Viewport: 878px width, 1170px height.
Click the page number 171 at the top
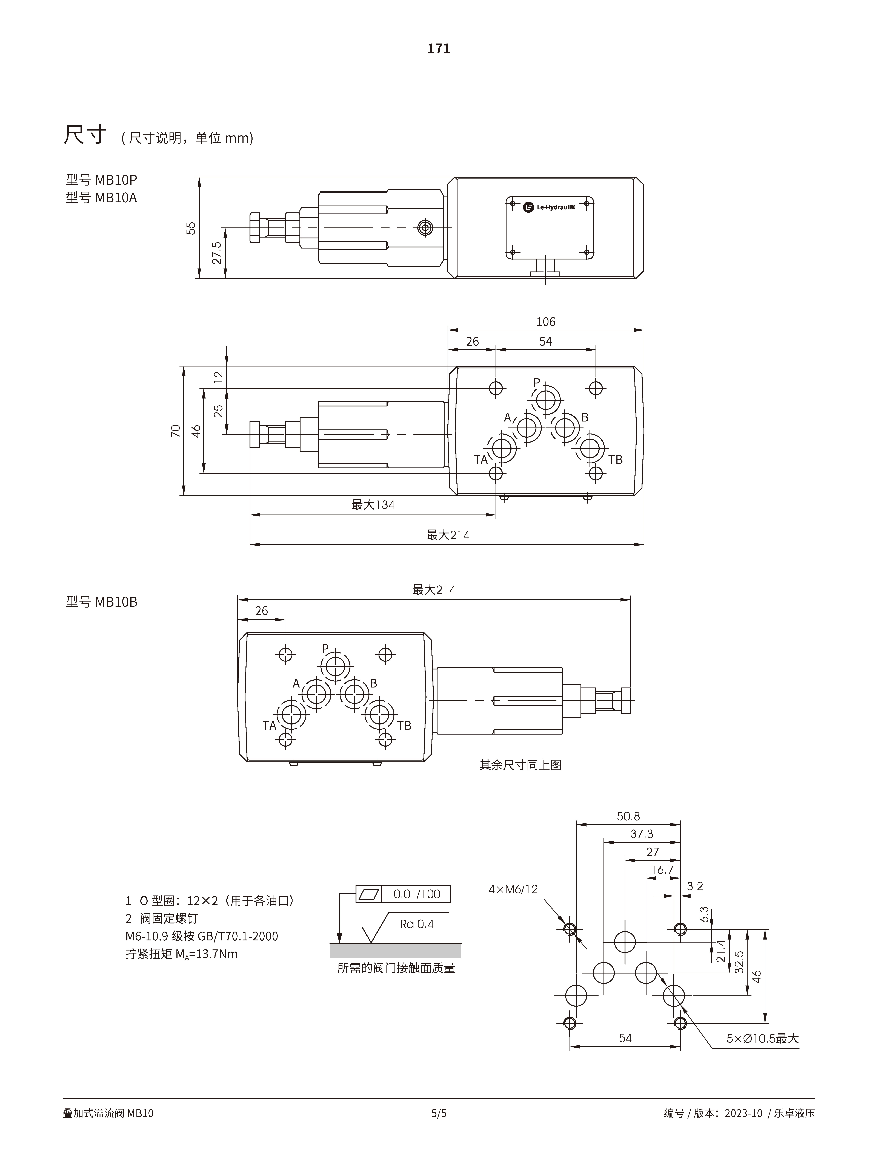(439, 49)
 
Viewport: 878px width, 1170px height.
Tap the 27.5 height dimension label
(216, 253)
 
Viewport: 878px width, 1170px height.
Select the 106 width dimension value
(546, 322)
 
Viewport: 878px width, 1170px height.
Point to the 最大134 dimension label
(373, 505)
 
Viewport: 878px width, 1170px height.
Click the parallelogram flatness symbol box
(368, 894)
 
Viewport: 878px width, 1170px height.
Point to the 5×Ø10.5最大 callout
(762, 1038)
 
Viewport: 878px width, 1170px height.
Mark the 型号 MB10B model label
(101, 602)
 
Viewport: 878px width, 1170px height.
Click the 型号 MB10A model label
(101, 198)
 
